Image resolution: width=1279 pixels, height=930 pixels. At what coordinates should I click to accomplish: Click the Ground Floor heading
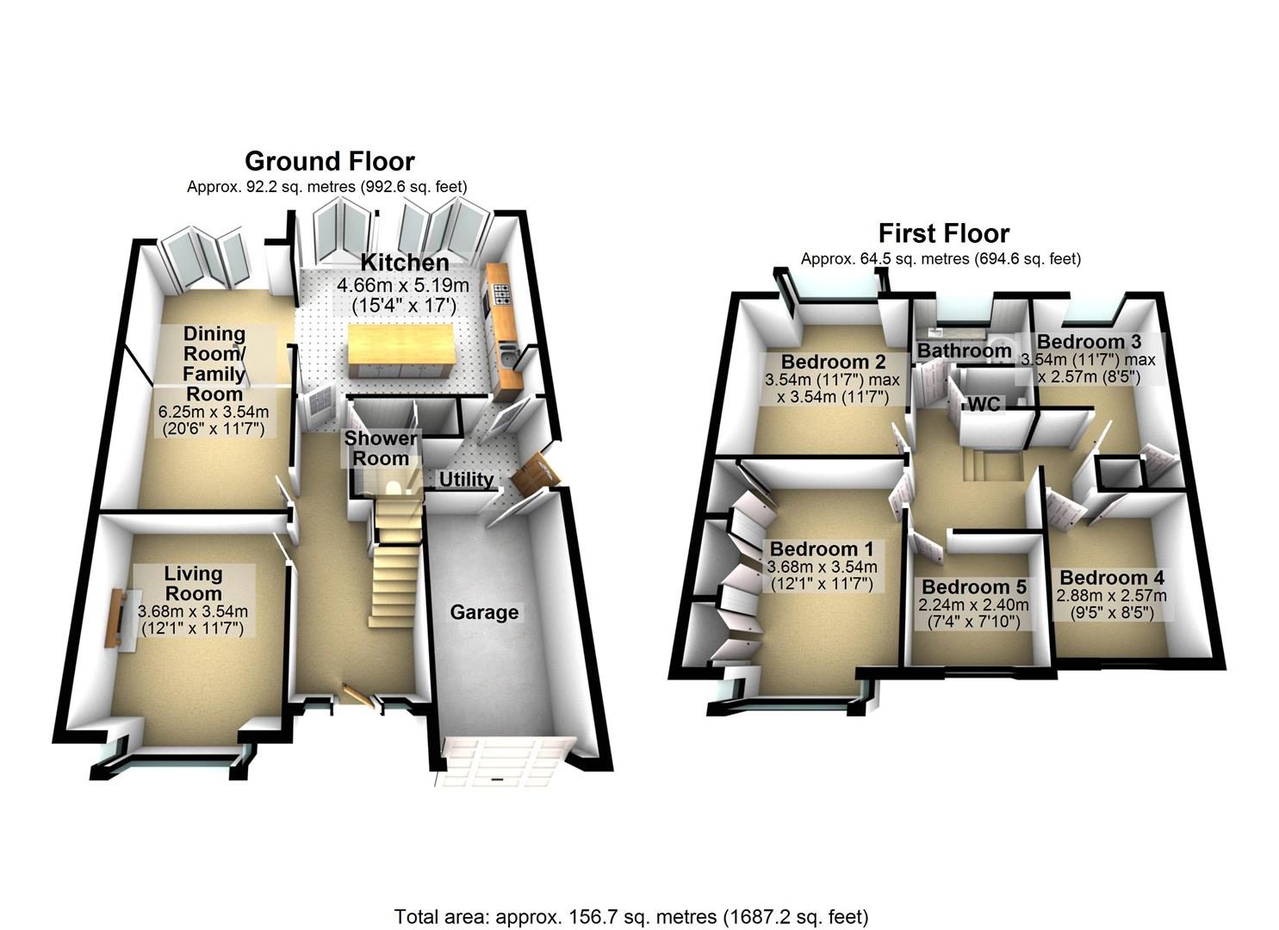[x=330, y=162]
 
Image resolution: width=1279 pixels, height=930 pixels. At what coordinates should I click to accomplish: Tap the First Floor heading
[x=944, y=233]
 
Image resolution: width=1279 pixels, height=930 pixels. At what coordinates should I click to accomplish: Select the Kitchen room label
[x=405, y=263]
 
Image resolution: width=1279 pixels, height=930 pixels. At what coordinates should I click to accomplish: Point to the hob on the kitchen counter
[x=502, y=294]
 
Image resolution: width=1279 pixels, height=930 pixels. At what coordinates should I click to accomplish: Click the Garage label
[x=484, y=612]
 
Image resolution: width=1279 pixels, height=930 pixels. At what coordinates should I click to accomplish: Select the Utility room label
[x=466, y=479]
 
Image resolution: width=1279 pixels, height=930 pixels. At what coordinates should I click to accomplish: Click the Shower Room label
[x=381, y=449]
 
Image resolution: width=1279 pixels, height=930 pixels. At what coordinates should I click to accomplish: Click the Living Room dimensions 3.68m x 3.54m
[x=193, y=611]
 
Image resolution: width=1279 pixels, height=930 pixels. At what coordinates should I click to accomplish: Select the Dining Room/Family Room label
[x=214, y=363]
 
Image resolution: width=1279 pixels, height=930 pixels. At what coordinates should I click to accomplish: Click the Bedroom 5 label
[x=974, y=587]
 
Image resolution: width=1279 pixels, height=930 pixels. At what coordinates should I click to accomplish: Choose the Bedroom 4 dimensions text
[x=1111, y=604]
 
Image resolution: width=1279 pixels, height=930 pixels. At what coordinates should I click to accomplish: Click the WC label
[x=984, y=404]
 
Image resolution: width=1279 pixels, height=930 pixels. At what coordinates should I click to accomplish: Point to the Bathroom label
[x=965, y=350]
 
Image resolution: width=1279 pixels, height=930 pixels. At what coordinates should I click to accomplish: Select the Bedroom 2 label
[x=834, y=362]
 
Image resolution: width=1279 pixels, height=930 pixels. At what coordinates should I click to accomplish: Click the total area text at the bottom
[x=631, y=885]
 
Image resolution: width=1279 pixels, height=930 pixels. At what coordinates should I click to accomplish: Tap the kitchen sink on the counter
[x=507, y=356]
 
